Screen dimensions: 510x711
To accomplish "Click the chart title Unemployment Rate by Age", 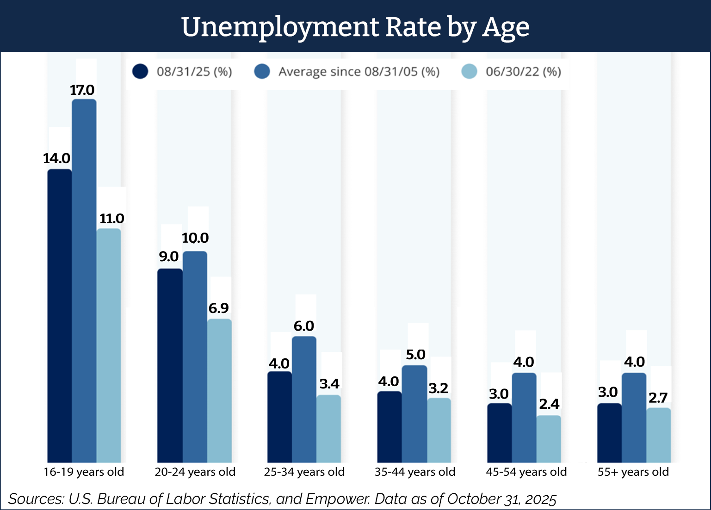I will coord(355,27).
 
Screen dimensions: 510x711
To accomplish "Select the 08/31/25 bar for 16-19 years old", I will coord(60,314).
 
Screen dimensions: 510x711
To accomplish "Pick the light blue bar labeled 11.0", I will coord(109,344).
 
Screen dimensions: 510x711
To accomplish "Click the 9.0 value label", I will coord(169,257).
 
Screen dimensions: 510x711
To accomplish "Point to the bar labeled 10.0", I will coord(195,356).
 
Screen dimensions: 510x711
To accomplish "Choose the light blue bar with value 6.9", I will coord(219,391).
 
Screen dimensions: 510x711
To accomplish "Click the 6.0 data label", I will coord(304,326).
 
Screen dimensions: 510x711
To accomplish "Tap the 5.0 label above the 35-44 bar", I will coord(415,355).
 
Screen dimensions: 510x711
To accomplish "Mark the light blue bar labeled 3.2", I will coord(439,430).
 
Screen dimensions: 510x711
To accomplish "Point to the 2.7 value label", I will coord(658,398).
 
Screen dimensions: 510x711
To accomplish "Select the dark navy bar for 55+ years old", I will coord(609,432).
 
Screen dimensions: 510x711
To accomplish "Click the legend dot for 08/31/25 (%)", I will coord(140,72).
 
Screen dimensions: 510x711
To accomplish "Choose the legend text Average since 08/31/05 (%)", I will coord(359,72).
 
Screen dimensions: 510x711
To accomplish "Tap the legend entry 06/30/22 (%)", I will coord(523,72).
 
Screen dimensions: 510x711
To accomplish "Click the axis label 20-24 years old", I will coord(195,472).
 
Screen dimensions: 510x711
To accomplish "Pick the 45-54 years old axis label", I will coord(526,472).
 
